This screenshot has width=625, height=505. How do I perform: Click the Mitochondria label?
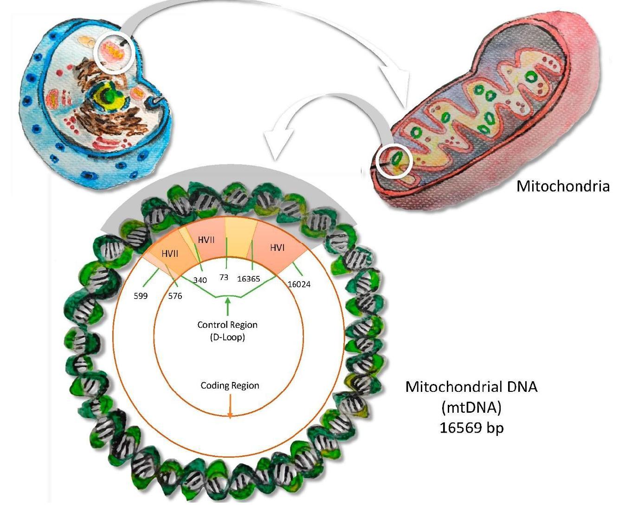pos(562,186)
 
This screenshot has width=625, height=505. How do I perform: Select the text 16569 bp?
pos(471,428)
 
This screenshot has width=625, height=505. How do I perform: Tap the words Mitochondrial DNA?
pos(471,387)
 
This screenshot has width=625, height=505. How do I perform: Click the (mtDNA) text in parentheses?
pos(471,407)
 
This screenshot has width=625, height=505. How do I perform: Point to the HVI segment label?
pos(277,248)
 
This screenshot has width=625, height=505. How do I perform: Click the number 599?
pos(141,296)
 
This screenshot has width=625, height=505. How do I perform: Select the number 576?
pos(175,296)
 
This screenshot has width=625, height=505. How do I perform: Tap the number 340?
pos(200,280)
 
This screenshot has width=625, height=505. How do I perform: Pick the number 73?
pos(224,277)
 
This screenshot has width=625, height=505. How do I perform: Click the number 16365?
pos(248,279)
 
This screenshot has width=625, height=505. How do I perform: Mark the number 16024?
pos(299,284)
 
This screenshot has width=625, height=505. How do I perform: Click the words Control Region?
pos(227,325)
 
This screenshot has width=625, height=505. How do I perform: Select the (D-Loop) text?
pos(227,337)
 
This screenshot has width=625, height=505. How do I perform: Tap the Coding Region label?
pos(230,385)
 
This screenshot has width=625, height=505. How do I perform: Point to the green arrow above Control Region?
pos(227,306)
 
